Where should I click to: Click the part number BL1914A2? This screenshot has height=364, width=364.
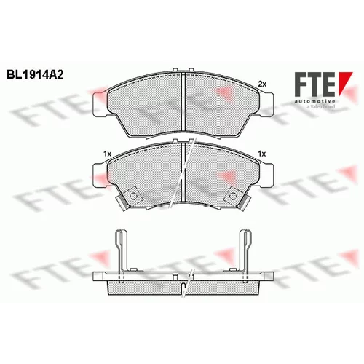tap(35, 74)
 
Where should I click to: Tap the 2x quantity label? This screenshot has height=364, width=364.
tap(262, 84)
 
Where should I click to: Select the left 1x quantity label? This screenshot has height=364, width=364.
tap(107, 154)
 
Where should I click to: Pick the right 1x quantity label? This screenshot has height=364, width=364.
tap(262, 154)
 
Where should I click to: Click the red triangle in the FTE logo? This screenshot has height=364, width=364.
tap(344, 82)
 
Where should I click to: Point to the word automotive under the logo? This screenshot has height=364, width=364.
tap(315, 101)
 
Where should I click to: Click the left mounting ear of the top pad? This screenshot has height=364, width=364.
tap(100, 105)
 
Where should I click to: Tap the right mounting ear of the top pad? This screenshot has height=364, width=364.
tap(266, 105)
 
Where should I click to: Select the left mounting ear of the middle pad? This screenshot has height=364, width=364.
tap(100, 175)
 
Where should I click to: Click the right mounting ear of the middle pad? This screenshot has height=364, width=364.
tap(266, 175)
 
